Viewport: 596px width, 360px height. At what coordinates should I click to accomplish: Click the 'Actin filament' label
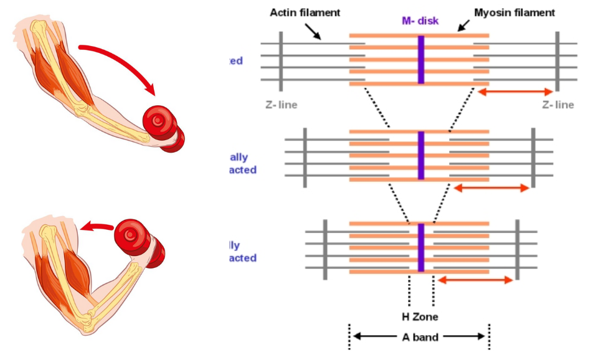click(x=305, y=12)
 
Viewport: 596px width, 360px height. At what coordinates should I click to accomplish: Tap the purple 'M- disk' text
click(x=420, y=21)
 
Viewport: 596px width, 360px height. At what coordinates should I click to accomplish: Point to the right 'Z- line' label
click(x=557, y=105)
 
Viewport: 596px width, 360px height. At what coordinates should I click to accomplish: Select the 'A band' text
click(x=419, y=338)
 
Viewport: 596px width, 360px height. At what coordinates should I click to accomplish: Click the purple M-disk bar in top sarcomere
click(x=421, y=60)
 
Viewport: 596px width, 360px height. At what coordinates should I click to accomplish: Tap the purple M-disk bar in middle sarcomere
click(x=421, y=155)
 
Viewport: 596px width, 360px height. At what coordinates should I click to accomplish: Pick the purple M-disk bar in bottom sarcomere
click(x=421, y=247)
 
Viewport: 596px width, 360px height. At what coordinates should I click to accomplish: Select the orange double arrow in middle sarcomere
click(x=491, y=188)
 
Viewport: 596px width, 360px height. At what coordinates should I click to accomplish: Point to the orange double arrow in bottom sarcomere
click(x=476, y=280)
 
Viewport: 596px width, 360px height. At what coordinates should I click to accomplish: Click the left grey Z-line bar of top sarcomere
click(x=281, y=60)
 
